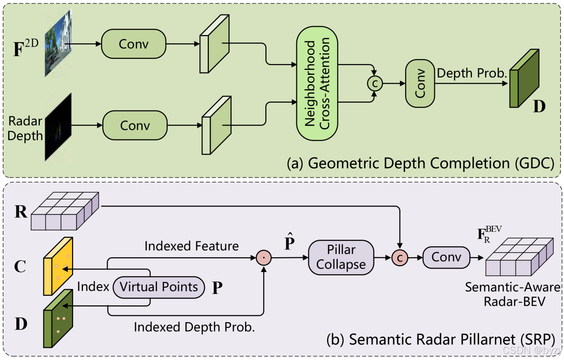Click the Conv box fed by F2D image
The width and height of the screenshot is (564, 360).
[133, 44]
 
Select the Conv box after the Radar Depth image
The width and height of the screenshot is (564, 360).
[135, 126]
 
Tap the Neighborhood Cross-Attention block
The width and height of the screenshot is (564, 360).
[317, 83]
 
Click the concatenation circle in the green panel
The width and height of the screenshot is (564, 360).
[374, 83]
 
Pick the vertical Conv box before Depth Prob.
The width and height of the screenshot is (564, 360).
[420, 83]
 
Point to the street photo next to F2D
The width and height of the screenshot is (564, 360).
[58, 44]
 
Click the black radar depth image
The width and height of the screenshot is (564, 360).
[58, 127]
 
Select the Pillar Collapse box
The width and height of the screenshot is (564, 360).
[341, 257]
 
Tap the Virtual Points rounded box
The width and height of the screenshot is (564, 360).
[159, 287]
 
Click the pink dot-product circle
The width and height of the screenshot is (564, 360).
[263, 258]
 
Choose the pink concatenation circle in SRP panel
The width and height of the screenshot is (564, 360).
[399, 258]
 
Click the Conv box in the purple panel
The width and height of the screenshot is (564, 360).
[446, 258]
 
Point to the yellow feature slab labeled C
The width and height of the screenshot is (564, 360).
[58, 266]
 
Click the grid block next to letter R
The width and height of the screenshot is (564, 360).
[65, 211]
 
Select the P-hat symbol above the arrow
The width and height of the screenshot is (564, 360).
[289, 242]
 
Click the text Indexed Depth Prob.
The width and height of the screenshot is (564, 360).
[194, 327]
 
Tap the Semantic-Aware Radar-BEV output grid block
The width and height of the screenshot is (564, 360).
[519, 257]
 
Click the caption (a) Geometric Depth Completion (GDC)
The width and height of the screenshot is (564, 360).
[420, 163]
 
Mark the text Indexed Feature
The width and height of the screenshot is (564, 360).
[191, 246]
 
